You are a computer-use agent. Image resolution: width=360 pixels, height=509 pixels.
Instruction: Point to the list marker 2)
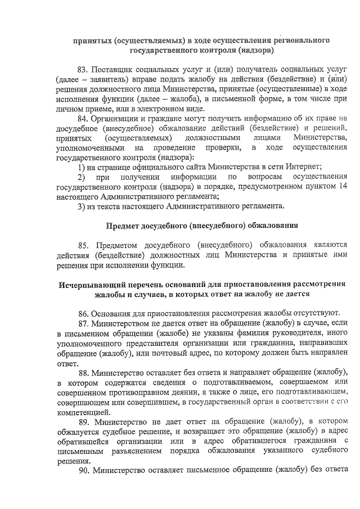point(82,177)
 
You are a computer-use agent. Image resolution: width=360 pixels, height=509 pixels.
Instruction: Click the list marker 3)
point(81,206)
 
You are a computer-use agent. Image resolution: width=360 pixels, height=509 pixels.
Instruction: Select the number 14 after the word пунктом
point(343,186)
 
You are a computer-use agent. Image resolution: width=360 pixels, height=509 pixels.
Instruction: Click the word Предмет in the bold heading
point(125,226)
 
